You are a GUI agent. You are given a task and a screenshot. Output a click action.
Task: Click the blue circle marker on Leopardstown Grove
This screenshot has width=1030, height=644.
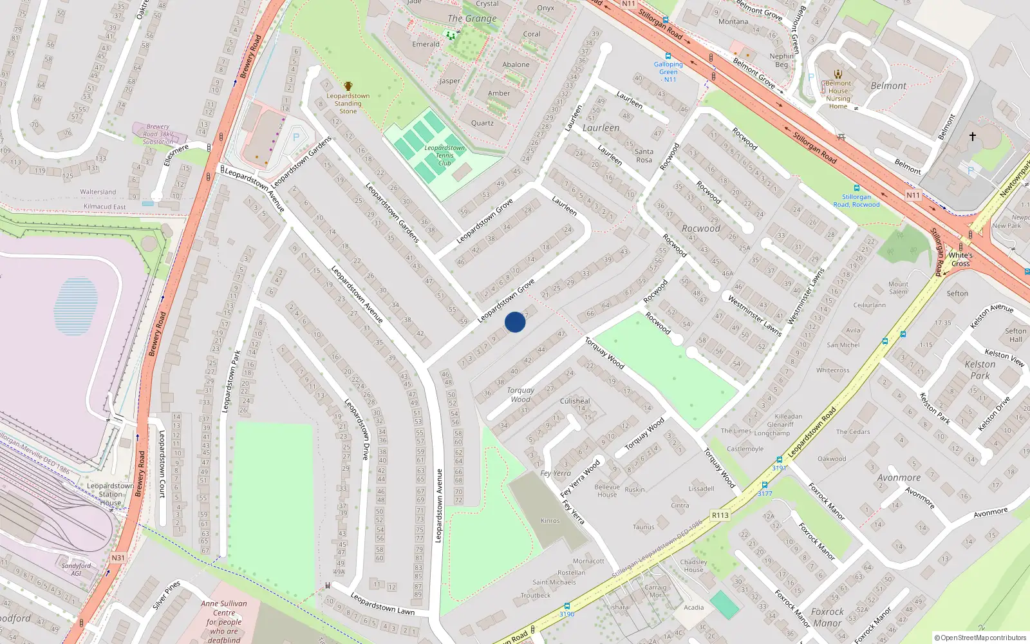515,322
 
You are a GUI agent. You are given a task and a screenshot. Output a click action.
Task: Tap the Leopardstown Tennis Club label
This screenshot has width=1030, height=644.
444,155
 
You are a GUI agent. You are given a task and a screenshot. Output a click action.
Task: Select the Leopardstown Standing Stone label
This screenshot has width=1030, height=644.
348,103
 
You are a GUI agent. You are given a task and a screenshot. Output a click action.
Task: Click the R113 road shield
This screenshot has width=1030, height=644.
720,515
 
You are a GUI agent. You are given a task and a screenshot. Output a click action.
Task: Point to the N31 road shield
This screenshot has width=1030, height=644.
118,558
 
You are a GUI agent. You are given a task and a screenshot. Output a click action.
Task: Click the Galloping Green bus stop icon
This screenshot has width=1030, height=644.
668,57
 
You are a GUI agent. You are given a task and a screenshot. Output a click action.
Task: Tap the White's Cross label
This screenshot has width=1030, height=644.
960,259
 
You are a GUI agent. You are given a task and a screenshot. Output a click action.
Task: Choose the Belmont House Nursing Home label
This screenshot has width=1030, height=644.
838,95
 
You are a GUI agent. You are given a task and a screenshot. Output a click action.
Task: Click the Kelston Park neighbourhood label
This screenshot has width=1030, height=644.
980,370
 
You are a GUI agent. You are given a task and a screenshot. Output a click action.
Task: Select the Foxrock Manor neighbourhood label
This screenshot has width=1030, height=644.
827,617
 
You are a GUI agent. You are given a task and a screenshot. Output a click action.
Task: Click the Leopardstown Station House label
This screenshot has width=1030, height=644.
111,495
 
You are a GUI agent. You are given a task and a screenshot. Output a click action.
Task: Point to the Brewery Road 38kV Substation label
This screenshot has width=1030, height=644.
158,134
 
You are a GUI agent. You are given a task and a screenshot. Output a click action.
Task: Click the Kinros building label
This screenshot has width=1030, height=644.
550,520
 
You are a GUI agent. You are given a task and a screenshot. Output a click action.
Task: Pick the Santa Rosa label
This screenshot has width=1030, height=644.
644,156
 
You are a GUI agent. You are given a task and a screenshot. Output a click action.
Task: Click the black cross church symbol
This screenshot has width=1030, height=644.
972,137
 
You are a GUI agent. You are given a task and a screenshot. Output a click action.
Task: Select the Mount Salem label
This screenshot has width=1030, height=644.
898,288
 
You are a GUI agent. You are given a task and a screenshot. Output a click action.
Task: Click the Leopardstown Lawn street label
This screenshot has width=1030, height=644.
382,603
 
